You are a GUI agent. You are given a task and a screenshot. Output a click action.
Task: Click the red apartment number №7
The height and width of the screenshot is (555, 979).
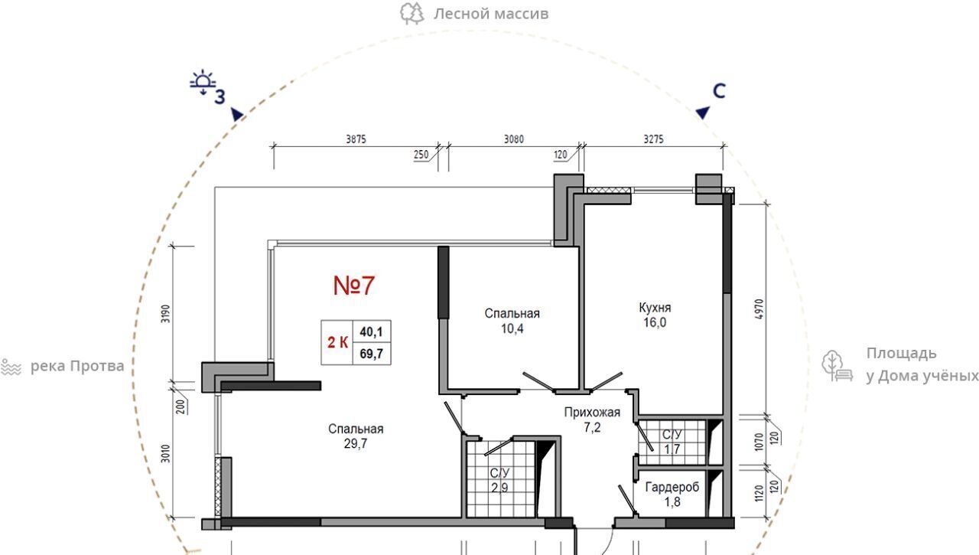click(354, 286)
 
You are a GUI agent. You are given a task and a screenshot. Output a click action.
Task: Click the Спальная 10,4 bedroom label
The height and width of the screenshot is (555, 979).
click(512, 321)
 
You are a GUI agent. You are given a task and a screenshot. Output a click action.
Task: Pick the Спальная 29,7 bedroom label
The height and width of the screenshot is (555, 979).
click(356, 436)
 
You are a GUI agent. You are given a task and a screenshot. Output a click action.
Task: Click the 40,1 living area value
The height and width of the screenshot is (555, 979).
click(371, 332)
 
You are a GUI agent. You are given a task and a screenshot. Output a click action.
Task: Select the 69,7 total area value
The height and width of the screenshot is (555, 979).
click(371, 354)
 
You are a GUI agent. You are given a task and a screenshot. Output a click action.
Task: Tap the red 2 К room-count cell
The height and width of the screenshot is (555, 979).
click(337, 342)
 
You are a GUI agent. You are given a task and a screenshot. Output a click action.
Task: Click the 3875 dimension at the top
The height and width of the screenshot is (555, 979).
click(356, 139)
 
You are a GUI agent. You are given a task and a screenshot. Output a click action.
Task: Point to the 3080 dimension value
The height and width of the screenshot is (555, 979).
click(514, 139)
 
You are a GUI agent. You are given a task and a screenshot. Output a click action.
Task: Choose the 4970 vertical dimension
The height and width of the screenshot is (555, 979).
click(759, 309)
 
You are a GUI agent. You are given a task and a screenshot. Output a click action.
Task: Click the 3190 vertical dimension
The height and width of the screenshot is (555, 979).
click(166, 314)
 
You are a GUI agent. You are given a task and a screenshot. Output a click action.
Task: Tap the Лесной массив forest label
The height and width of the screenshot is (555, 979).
click(491, 14)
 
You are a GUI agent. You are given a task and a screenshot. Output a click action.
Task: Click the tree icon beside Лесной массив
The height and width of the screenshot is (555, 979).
click(412, 14)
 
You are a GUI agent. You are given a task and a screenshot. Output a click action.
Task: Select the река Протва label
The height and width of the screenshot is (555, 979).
click(77, 366)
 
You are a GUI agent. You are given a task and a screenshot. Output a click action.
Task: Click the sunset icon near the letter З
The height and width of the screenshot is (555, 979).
click(203, 81)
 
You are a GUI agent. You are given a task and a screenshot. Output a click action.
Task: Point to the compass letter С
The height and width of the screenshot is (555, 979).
click(719, 91)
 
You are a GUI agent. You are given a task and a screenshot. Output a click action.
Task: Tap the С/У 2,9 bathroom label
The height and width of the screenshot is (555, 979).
click(499, 480)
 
